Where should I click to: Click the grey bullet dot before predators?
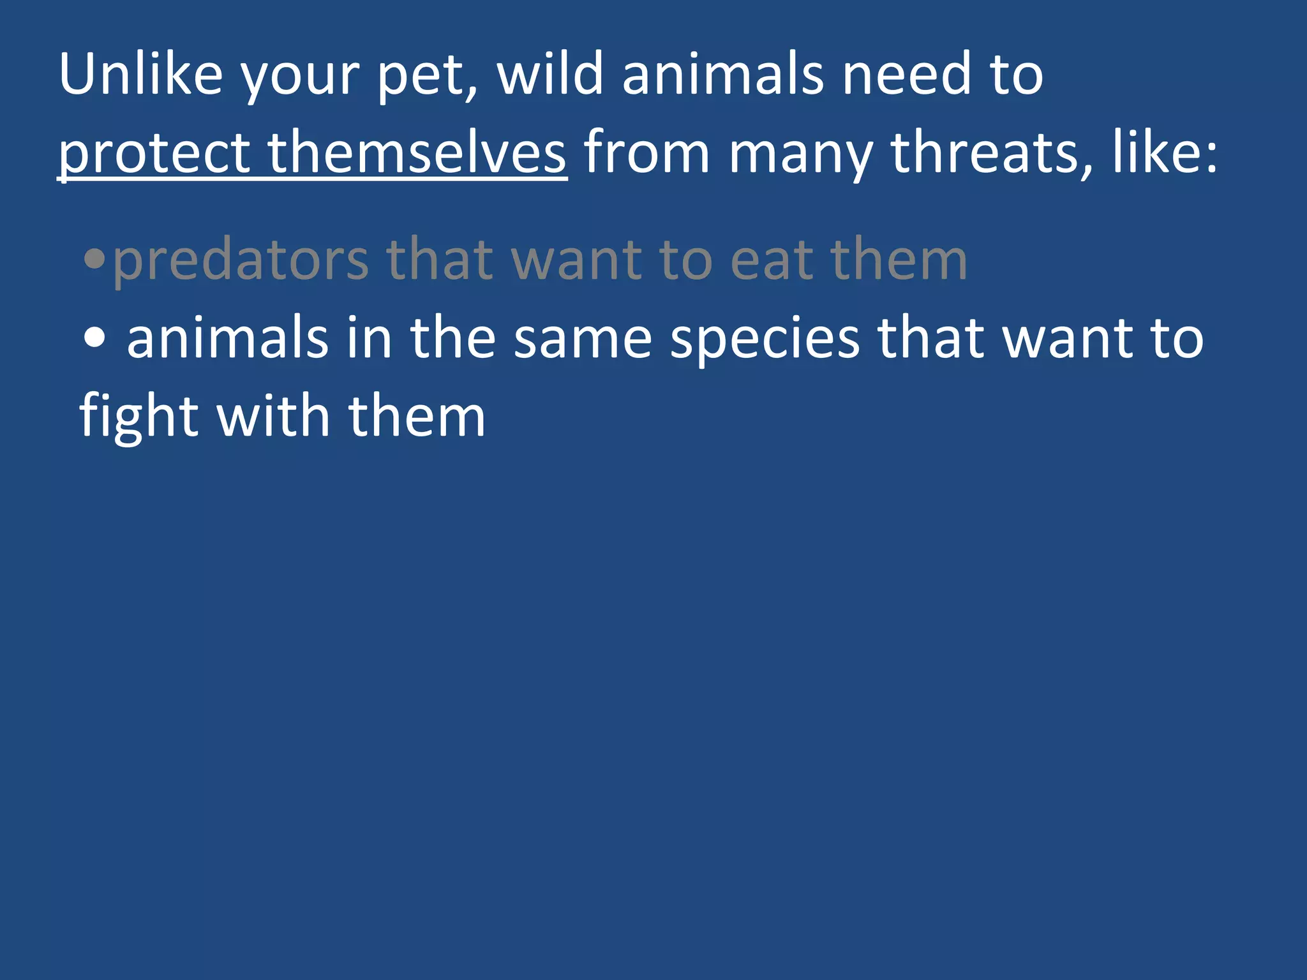tap(94, 259)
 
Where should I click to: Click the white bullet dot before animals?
tap(94, 338)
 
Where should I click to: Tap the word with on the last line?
tap(274, 416)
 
